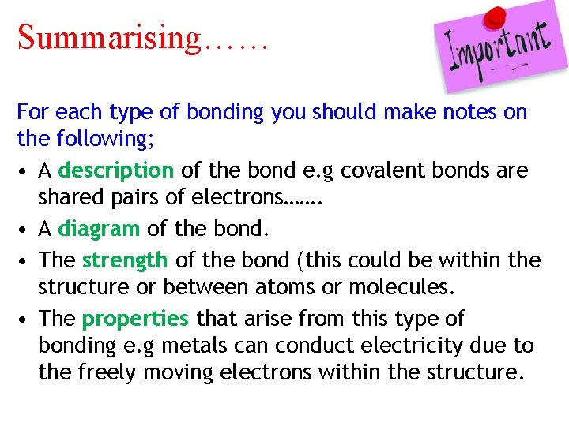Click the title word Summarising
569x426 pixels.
109,36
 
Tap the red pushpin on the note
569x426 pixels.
496,17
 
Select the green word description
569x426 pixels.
115,170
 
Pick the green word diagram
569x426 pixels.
99,229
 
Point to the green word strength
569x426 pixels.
125,260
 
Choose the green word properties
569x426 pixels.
135,319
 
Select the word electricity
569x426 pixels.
405,346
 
